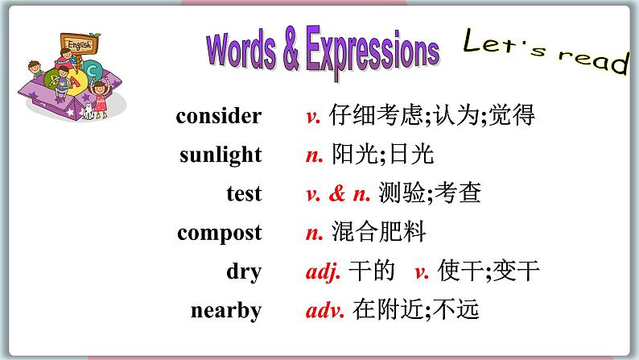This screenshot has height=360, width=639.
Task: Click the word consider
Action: (x=219, y=116)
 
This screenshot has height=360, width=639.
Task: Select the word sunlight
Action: (x=221, y=155)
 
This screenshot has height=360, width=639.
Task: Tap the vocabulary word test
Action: (x=244, y=193)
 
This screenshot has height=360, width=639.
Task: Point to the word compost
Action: (x=220, y=234)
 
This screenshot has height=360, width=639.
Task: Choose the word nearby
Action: (x=226, y=310)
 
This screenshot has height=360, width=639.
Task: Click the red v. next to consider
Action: (x=314, y=116)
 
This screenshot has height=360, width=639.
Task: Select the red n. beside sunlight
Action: (x=315, y=155)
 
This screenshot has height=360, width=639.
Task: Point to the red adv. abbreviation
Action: (x=325, y=310)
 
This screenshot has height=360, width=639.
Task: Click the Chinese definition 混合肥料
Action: (x=378, y=234)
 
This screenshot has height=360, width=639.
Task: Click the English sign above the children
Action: (x=79, y=45)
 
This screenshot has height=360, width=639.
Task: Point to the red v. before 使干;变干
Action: (x=421, y=271)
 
